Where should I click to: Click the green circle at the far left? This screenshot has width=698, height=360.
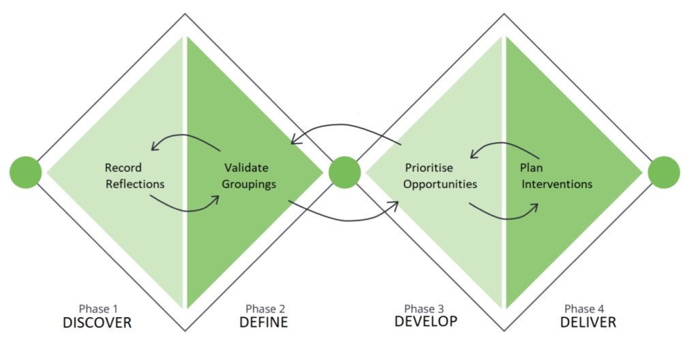(x=26, y=172)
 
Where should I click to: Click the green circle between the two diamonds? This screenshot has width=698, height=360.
(x=344, y=172)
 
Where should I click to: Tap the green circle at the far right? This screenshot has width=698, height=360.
(x=663, y=172)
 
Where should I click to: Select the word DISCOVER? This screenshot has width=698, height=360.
(x=97, y=322)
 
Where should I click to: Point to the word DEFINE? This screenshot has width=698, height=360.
(x=264, y=322)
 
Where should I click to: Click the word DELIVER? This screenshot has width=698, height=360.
(x=588, y=322)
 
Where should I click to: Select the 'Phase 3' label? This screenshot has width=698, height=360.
(x=425, y=308)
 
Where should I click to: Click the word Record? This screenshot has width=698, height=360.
(x=123, y=167)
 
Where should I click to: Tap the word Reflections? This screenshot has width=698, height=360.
(x=135, y=184)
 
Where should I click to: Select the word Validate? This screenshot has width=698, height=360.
(x=246, y=167)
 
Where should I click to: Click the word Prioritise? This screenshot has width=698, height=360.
(x=429, y=167)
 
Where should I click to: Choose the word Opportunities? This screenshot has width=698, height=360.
(x=440, y=184)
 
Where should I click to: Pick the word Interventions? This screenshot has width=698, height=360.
(x=556, y=184)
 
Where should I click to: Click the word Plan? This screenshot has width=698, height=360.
(x=531, y=167)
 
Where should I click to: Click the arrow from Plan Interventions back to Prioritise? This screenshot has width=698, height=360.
(x=504, y=144)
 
